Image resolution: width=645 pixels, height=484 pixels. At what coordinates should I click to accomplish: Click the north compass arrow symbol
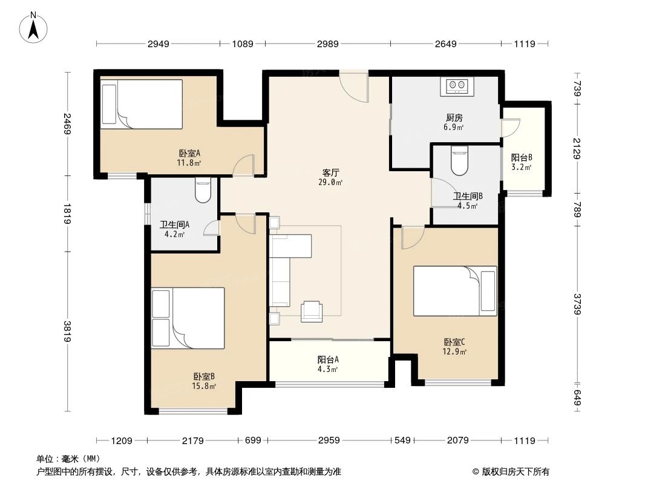[35, 27]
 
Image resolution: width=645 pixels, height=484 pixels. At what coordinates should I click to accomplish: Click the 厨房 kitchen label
[452, 118]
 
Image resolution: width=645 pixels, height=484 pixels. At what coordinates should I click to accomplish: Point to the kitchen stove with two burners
[458, 87]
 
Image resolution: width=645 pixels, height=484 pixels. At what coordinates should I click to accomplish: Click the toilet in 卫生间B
[459, 161]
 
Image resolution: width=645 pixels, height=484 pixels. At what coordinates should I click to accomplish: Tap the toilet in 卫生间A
[202, 191]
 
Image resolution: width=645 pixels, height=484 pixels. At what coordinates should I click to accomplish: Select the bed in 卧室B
[188, 318]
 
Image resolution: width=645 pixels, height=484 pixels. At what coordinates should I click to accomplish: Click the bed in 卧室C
[454, 290]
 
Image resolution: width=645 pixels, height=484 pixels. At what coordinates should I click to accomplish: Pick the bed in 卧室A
[142, 103]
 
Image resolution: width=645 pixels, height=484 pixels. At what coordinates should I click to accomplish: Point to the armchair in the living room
[312, 311]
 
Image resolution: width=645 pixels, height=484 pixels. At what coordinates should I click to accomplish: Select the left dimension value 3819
[67, 331]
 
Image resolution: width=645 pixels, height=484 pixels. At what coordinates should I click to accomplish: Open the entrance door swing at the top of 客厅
[353, 87]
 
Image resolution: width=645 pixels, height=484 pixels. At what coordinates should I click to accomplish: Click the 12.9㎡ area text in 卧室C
[455, 352]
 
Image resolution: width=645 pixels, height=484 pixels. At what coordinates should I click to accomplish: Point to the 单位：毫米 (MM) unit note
[68, 459]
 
